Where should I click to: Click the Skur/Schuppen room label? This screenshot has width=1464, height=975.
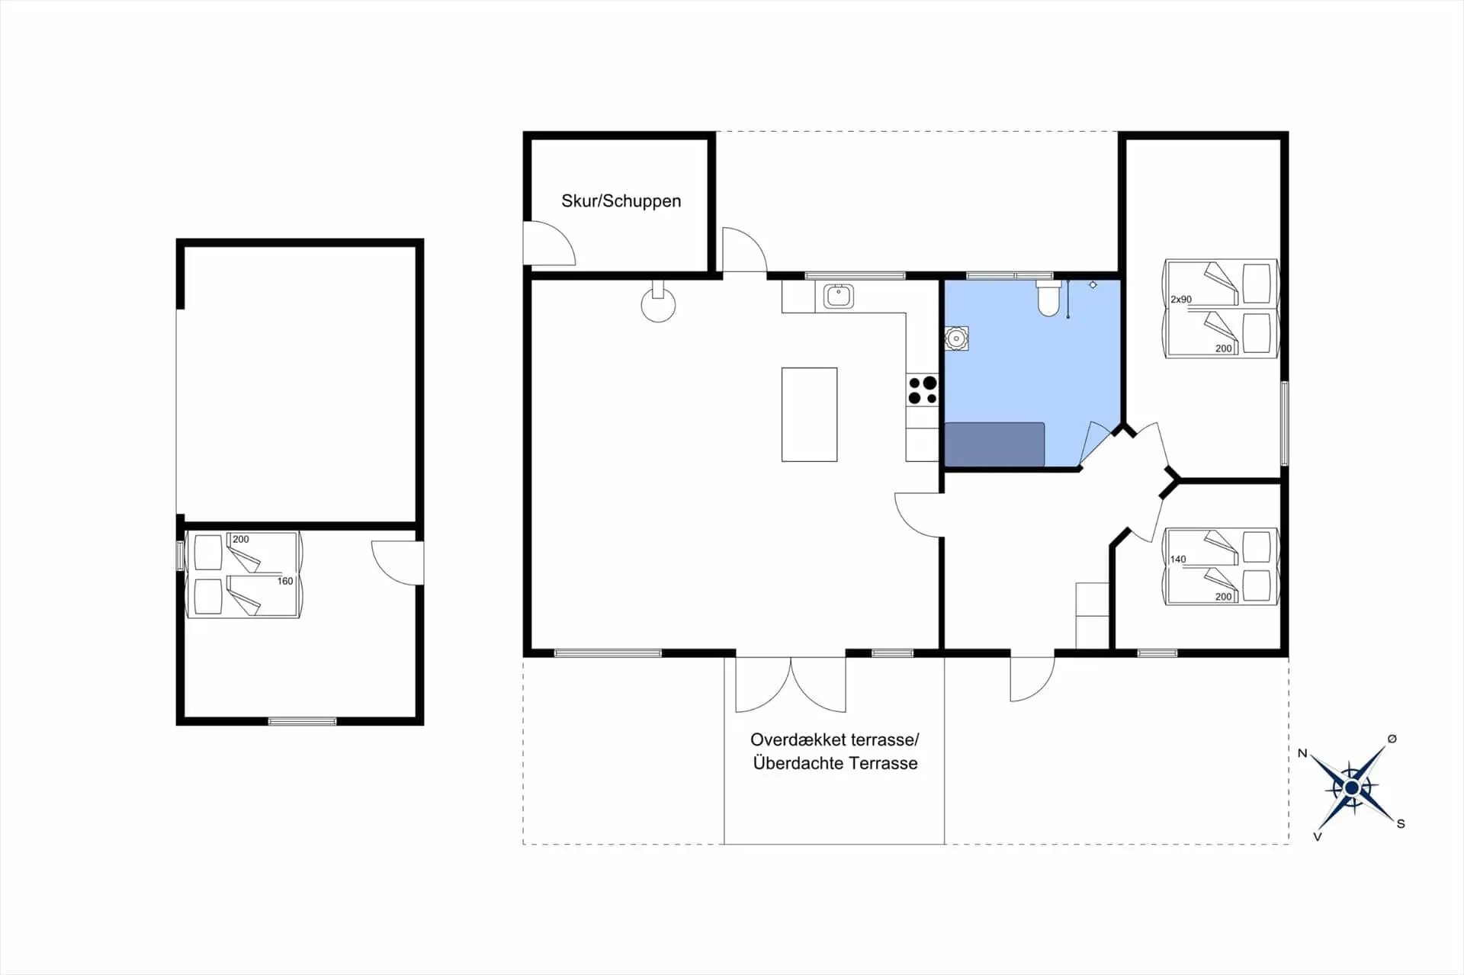click(x=621, y=201)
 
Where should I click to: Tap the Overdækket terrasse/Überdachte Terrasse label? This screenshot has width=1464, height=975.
click(x=835, y=752)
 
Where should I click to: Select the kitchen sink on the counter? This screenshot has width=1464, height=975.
click(x=839, y=296)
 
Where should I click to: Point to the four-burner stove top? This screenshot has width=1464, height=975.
click(x=923, y=390)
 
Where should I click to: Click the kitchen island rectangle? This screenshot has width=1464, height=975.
click(x=809, y=415)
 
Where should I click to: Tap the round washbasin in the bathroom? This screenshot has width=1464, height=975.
click(x=956, y=338)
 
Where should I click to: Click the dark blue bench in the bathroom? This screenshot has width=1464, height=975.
click(x=994, y=444)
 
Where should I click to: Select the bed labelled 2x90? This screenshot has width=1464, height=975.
click(x=1220, y=308)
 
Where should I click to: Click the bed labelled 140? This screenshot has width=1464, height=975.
click(x=1220, y=566)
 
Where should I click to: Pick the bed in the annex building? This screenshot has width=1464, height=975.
click(x=244, y=574)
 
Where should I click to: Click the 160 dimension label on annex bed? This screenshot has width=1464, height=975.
click(x=285, y=581)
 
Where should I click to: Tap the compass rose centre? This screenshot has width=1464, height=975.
click(x=1351, y=787)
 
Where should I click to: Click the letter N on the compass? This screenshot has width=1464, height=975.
click(x=1302, y=753)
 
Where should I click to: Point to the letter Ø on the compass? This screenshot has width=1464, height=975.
click(x=1392, y=739)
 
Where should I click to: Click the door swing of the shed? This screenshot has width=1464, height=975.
click(x=549, y=243)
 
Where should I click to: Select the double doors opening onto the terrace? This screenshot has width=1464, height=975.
click(x=791, y=684)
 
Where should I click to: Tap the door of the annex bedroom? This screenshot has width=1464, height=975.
click(x=397, y=563)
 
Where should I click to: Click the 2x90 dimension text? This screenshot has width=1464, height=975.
click(x=1181, y=300)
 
